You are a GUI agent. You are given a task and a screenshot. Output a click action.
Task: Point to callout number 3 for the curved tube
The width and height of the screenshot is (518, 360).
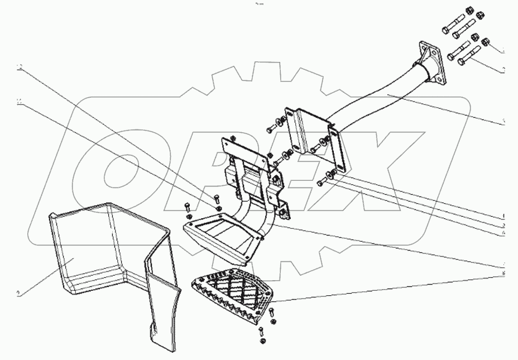tap(503, 121)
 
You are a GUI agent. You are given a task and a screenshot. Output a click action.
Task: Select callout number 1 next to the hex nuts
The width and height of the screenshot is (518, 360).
tap(503, 51)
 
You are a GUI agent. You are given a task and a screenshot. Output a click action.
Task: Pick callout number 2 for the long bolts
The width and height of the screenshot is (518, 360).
tap(503, 70)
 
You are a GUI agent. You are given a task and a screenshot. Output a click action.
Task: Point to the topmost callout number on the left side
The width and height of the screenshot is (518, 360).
tap(20, 68)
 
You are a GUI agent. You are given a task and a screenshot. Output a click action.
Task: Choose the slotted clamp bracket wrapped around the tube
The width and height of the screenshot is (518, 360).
tap(313, 134)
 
